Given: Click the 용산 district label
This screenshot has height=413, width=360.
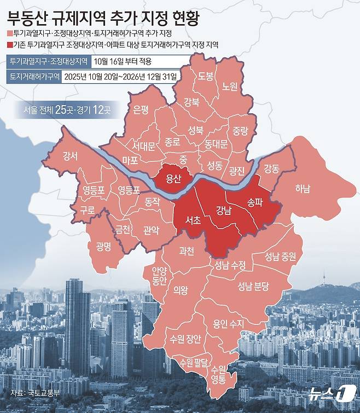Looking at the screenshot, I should pos(173,178).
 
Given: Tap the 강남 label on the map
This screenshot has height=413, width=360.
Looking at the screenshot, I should pos(224,210).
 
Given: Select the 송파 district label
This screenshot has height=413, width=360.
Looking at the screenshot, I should pos(255,201).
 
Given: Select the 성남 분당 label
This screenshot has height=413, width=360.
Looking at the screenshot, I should pos(253,286).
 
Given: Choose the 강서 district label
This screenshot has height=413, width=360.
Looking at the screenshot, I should pos(70,155).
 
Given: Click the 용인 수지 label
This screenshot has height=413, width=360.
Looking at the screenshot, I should pos(228,323).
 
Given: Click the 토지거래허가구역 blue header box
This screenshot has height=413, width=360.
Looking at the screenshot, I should pos(32,77).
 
